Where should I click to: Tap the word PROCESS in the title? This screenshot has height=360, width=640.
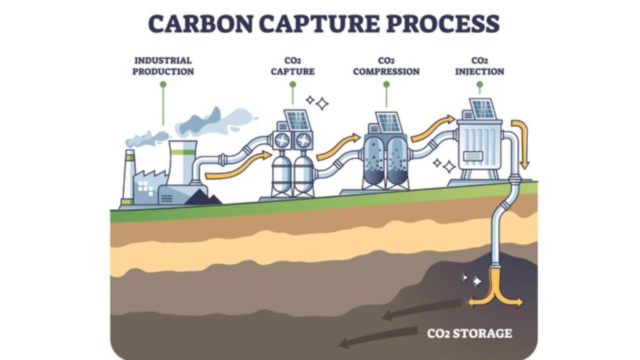[x=442, y=24]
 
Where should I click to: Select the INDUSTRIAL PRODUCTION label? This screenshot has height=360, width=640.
[x=163, y=66]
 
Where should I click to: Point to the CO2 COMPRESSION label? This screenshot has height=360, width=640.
[x=386, y=66]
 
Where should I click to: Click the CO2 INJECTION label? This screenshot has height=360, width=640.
[x=479, y=66]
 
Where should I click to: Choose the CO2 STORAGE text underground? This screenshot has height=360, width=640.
[x=469, y=333]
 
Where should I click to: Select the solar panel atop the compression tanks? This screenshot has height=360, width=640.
[x=388, y=122]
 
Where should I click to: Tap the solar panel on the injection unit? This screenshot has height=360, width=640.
[x=482, y=109]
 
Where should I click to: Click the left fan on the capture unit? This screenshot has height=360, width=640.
[x=282, y=142]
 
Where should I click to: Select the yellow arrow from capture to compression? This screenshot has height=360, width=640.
[x=338, y=147]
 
